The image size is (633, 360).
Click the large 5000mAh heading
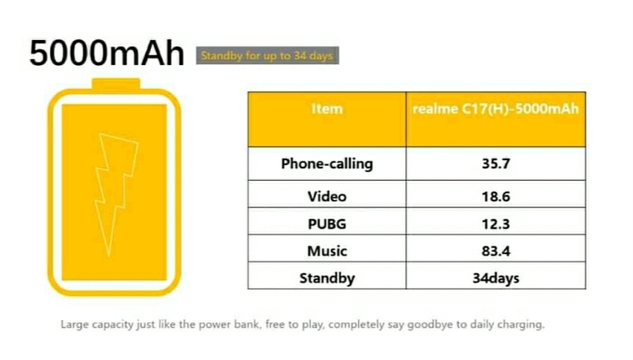[107, 53]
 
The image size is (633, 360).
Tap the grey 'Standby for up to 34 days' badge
[267, 56]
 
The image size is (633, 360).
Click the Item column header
[327, 109]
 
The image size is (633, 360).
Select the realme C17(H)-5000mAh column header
[495, 109]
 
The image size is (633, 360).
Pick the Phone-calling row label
[327, 164]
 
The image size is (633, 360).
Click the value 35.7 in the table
[496, 164]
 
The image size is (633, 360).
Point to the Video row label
[327, 196]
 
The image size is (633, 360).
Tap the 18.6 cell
[496, 196]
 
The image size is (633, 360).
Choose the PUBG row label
[327, 224]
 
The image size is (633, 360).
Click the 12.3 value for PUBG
[496, 224]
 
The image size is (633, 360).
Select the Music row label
[327, 251]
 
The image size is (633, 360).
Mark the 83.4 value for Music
[496, 251]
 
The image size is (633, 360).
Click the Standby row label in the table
[327, 279]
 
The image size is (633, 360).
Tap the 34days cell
[496, 279]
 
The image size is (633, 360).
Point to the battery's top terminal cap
[115, 84]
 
